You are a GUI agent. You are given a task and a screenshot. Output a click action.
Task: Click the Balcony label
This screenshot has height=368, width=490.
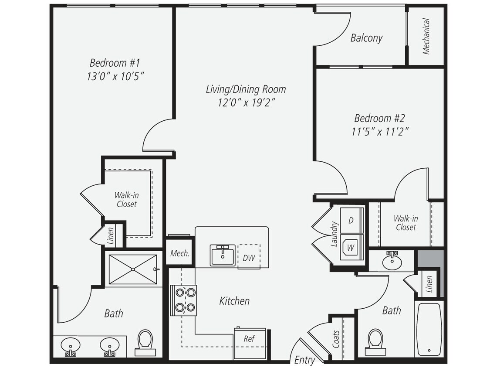pos(366,38)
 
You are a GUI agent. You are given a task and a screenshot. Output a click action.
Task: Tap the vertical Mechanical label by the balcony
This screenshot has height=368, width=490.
pos(426,36)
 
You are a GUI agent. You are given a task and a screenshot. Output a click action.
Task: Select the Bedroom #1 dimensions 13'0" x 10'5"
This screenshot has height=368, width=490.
pos(115,76)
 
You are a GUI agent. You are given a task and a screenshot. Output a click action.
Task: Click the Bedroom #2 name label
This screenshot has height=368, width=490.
pos(379,118)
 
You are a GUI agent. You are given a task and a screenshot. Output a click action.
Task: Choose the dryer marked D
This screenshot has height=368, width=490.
pos(351,220)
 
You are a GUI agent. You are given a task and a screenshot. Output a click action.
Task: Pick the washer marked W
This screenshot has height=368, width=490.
pos(351,247)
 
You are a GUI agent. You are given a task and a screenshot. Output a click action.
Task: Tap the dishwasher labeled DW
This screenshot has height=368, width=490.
pos(249,257)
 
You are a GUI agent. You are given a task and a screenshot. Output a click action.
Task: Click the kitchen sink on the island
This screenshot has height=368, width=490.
pos(223,256)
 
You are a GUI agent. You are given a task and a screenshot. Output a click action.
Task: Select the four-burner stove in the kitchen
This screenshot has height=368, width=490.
pos(183,300)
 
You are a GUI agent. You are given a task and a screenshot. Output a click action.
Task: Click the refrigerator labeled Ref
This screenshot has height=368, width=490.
pos(250,343)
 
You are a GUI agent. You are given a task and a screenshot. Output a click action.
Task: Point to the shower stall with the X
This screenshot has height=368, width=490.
pos(133,269)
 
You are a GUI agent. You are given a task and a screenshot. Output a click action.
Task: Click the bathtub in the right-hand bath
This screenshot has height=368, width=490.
pos(429,329)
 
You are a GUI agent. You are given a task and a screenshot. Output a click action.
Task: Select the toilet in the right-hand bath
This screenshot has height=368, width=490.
pos(375,342)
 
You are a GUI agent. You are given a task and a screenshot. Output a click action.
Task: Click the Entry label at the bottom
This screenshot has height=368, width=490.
pos(305,360)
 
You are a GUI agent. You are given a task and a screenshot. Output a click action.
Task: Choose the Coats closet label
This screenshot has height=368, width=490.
pos(336,339)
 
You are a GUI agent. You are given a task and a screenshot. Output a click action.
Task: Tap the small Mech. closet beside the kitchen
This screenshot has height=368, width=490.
pos(180,253)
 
